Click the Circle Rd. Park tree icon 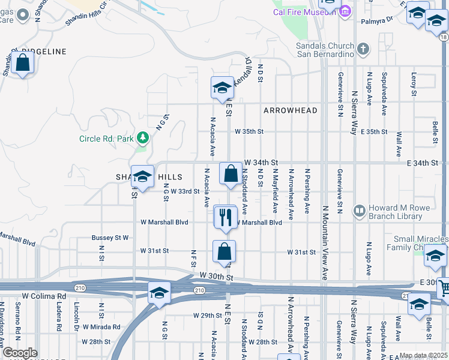(143, 139)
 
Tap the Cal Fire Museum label (304, 12)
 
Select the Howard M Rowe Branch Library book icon (359, 211)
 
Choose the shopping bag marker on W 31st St (224, 251)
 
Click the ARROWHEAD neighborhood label (290, 110)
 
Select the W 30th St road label (217, 277)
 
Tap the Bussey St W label (110, 238)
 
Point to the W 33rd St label (185, 191)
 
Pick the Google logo (20, 353)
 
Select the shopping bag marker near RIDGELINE (23, 63)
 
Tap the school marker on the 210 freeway (159, 292)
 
